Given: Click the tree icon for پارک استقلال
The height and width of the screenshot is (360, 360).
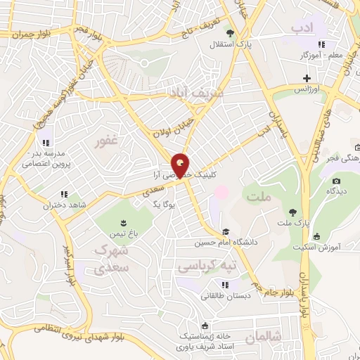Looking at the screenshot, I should [229, 32].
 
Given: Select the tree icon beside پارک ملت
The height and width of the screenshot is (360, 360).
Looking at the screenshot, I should [291, 212].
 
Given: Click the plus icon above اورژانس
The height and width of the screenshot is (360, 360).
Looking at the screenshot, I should [306, 77].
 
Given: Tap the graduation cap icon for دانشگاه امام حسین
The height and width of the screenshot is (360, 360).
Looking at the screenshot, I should [225, 231].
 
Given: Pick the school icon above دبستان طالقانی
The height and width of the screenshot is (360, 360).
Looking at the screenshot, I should [225, 285].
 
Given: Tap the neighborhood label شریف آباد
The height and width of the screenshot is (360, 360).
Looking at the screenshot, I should [195, 93].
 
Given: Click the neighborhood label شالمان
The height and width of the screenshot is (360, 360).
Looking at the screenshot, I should [264, 339].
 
